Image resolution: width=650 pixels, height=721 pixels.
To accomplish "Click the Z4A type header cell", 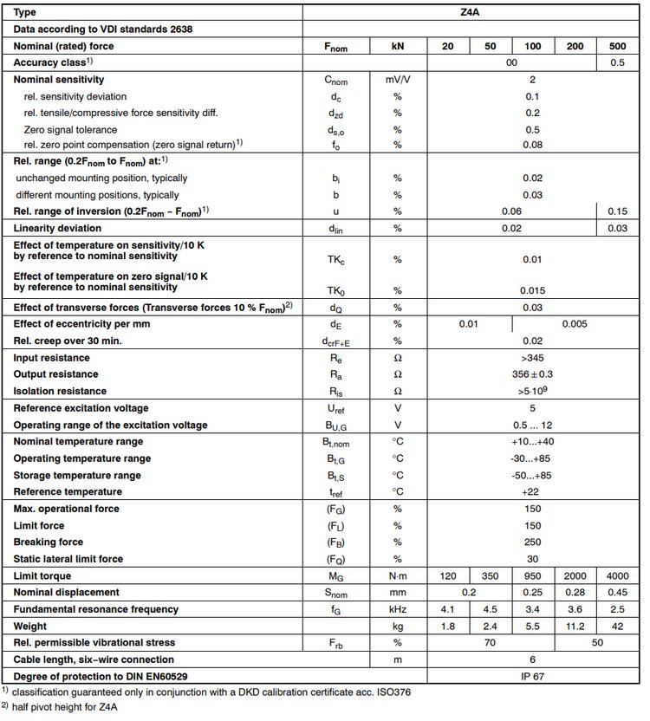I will click(531, 13).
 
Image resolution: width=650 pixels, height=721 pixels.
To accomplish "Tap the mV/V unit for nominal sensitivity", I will click(397, 79).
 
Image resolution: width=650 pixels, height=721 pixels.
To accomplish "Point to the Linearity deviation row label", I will click(57, 228).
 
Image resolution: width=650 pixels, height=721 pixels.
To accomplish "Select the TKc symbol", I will click(335, 259).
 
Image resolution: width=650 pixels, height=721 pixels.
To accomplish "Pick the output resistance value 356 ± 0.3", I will click(531, 374).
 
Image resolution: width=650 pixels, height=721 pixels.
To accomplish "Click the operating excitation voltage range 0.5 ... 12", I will click(531, 425).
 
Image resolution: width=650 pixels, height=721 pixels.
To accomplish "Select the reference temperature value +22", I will click(531, 491).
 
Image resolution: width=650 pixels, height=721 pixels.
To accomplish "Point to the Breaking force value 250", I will click(531, 542).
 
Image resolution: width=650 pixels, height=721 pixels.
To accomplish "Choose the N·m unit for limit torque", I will click(397, 576).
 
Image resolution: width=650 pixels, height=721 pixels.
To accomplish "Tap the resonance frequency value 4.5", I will click(490, 609).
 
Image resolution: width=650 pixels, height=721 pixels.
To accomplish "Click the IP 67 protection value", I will click(531, 676).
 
